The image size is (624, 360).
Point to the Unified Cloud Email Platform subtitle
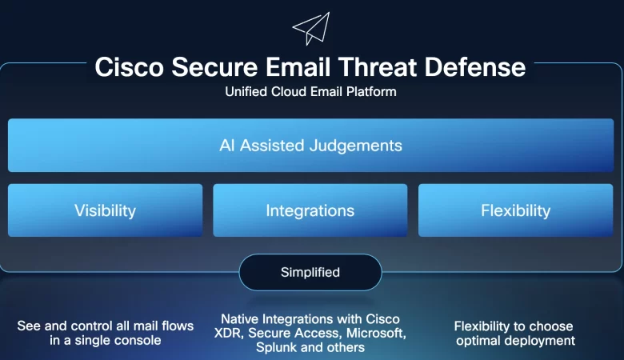310,92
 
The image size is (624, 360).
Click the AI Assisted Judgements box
310,146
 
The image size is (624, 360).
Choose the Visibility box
105,210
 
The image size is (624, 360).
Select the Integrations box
310,210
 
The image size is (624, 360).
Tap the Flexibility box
515,210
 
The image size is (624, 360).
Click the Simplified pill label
310,272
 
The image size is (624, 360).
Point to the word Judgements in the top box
358,146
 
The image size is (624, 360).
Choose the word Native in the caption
239,319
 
